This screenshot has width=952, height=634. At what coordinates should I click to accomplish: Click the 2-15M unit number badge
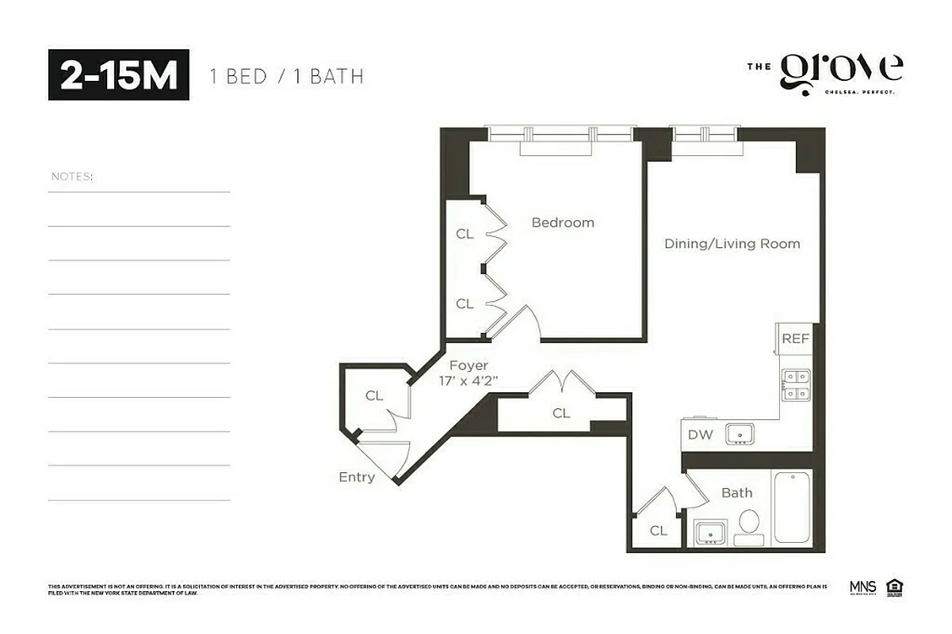pos(119,75)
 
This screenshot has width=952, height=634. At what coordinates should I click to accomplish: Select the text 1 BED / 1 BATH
pos(286,77)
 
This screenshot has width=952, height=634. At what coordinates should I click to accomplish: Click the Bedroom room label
pos(562,223)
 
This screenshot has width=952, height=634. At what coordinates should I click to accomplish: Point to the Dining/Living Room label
pos(732,244)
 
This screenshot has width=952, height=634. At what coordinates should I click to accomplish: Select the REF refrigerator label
pos(795,338)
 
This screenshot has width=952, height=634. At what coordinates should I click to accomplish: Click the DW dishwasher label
pos(699,434)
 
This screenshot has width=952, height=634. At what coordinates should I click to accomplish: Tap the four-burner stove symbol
pos(796,384)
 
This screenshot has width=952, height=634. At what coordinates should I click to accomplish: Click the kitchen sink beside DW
pos(741,433)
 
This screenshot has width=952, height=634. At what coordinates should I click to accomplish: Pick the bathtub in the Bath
pos(791,509)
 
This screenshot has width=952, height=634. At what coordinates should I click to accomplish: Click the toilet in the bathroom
pos(748,525)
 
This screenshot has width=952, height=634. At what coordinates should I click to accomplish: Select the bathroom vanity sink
pos(710,533)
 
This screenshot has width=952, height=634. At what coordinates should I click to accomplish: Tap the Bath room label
pos(736,493)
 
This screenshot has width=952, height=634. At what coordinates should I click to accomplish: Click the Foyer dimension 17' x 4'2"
pos(468,380)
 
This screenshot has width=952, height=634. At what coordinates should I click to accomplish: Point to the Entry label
pos(356,477)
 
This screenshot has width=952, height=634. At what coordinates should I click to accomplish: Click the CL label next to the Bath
pos(658,531)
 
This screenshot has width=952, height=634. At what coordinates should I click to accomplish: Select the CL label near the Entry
pos(374,396)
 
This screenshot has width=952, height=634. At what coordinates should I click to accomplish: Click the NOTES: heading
pos(71,176)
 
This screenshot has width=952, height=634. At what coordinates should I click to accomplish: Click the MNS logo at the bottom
pos(862,588)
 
